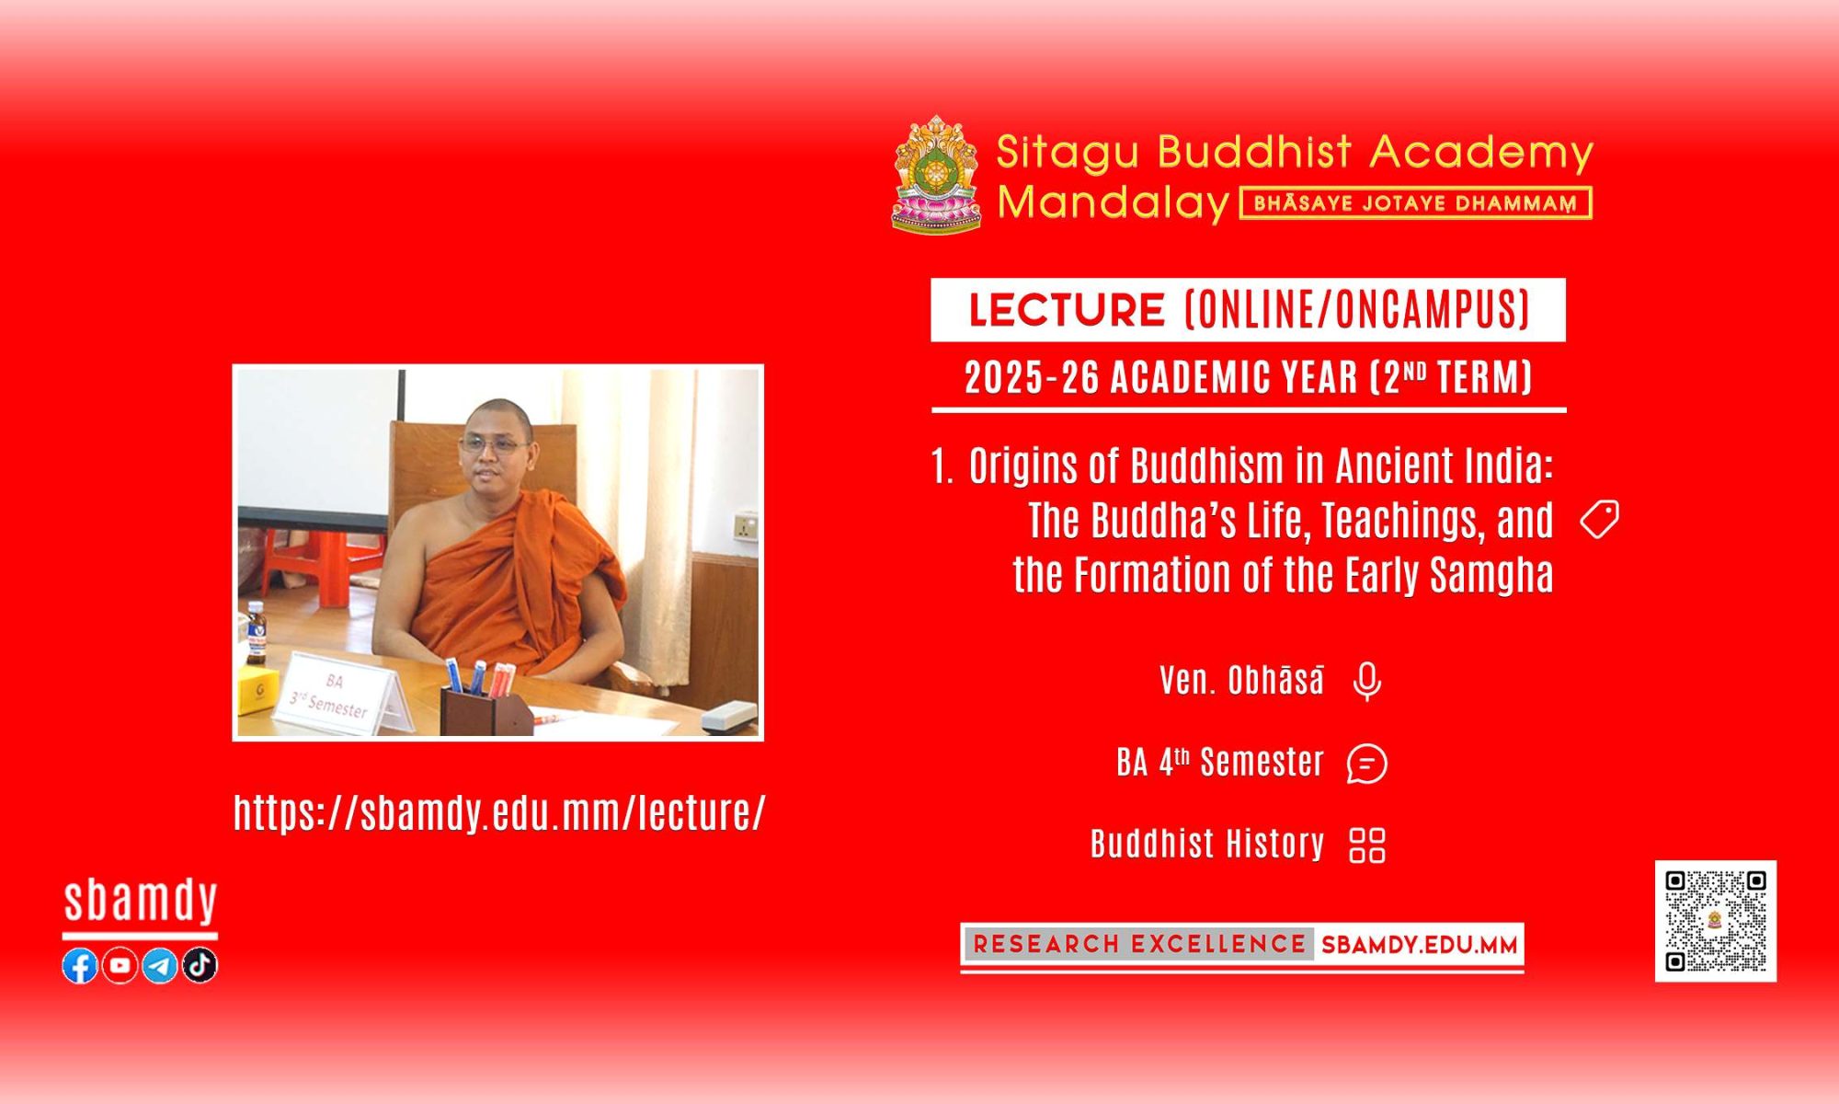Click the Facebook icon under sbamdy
click(80, 965)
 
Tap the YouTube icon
click(120, 965)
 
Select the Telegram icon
click(160, 965)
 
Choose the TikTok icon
click(200, 965)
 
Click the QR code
click(1716, 921)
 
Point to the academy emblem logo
click(936, 174)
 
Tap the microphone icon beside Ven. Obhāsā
click(1367, 682)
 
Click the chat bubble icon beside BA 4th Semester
click(1367, 764)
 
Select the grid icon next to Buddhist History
click(1367, 845)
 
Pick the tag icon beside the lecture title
click(1600, 520)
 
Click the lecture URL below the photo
click(499, 813)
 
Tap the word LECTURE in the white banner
click(1067, 310)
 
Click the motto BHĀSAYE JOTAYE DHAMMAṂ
click(1416, 203)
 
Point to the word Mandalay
click(1114, 202)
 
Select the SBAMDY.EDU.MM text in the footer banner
click(1420, 945)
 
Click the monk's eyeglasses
click(494, 445)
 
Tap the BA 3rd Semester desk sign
click(338, 695)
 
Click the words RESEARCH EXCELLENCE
click(1139, 945)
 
